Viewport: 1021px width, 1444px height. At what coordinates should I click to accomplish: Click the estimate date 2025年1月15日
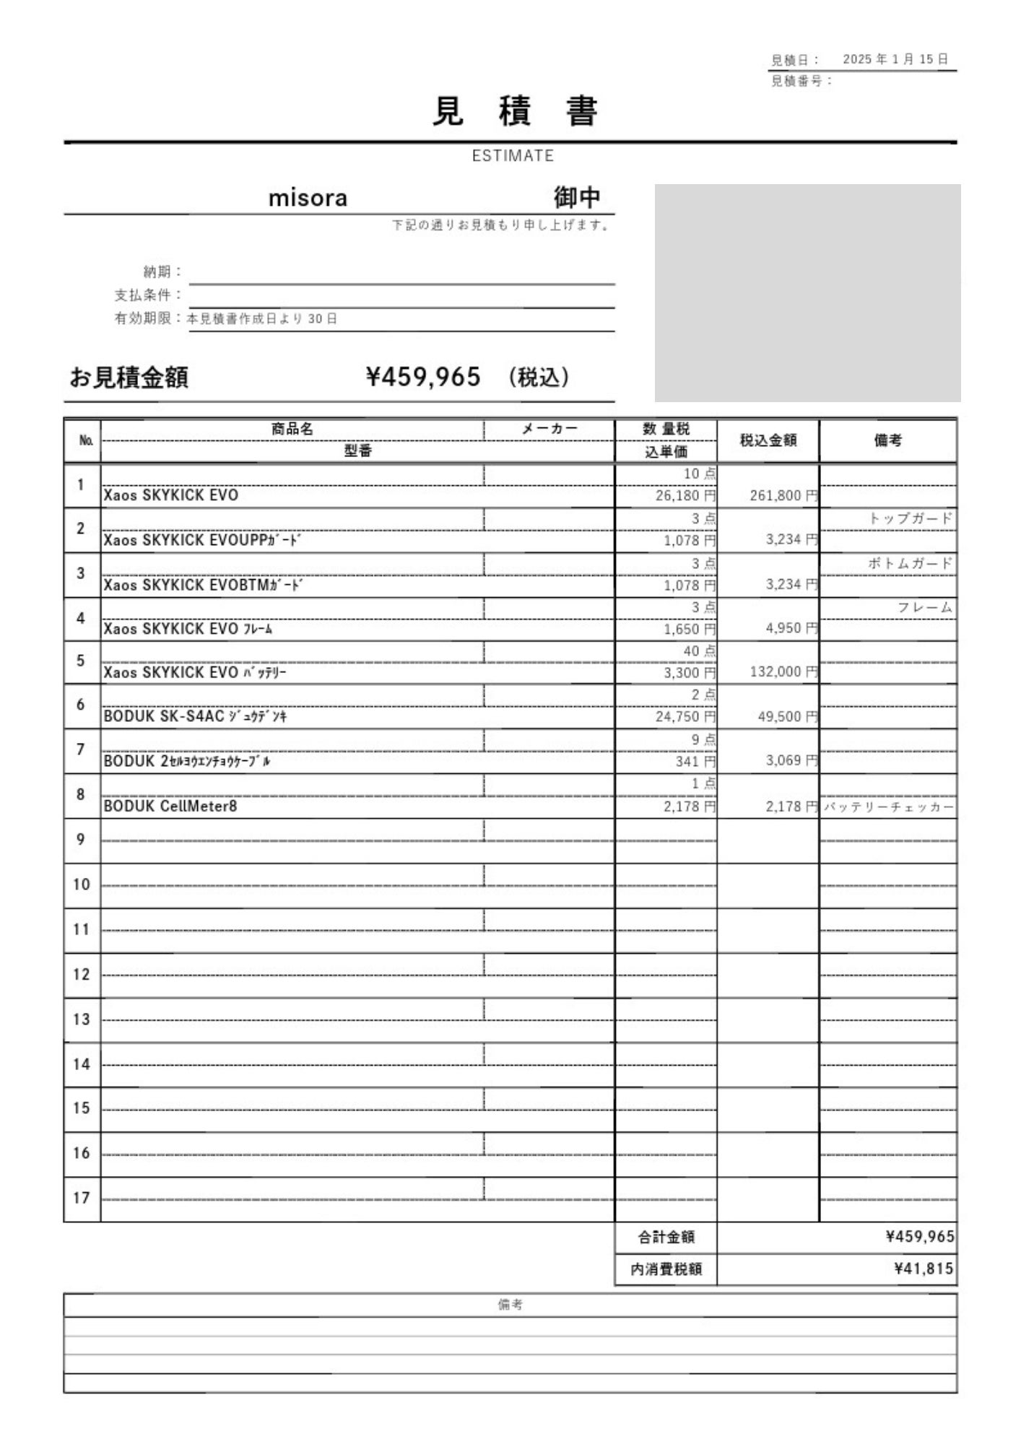coord(895,59)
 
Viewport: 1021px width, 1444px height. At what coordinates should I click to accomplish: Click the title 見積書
coord(515,112)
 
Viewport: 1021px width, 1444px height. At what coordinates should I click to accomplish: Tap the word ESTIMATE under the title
coord(513,156)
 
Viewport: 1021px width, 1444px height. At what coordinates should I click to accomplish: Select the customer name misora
coord(308,198)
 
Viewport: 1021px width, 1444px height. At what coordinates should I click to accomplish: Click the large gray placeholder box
coord(807,292)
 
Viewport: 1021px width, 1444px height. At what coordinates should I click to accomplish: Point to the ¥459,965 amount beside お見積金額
coord(423,377)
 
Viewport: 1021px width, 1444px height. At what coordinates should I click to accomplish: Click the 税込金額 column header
coord(768,440)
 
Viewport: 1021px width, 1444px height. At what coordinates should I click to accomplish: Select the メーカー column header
coord(549,429)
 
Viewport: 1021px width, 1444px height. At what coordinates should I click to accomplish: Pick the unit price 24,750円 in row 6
coord(685,717)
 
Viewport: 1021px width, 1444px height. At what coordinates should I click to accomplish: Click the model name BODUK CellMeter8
coord(170,806)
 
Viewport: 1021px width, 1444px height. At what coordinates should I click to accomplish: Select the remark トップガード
coord(910,518)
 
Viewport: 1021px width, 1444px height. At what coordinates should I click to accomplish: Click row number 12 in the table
coord(82,975)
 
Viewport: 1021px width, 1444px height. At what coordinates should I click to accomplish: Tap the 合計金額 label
coord(666,1237)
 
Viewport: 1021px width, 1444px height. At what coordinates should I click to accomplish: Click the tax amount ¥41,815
coord(924,1269)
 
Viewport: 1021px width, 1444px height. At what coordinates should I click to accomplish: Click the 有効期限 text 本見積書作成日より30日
coord(263,319)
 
